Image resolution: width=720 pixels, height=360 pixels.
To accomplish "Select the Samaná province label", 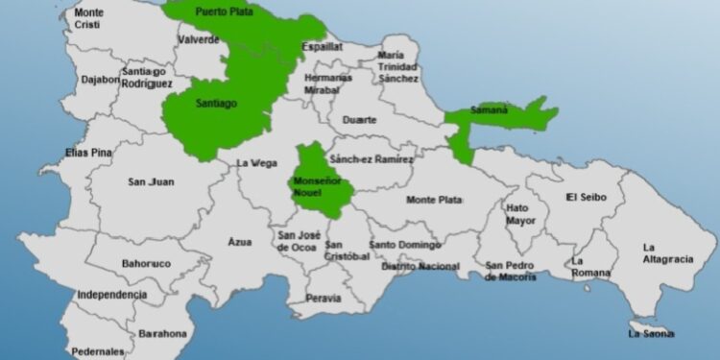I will [x=490, y=110].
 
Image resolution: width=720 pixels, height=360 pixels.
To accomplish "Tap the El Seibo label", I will [x=584, y=197].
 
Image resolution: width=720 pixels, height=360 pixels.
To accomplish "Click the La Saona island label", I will [x=651, y=333].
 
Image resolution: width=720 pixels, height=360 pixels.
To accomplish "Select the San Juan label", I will [x=149, y=180].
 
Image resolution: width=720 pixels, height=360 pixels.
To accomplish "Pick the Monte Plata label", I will [x=434, y=200].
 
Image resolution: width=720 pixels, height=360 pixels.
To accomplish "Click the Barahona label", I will [x=162, y=333].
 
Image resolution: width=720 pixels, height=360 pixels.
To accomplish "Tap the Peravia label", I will [x=323, y=298].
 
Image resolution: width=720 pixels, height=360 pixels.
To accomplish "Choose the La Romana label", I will [x=590, y=266].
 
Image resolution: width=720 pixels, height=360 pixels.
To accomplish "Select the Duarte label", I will [x=360, y=120].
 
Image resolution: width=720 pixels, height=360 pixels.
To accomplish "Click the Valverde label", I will [x=199, y=39].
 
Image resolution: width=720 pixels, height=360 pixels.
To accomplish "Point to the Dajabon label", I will [x=101, y=80].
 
